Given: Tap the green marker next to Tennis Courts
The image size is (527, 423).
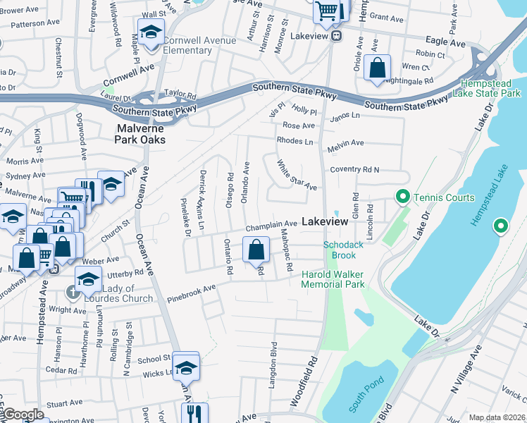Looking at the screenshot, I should pos(402,197).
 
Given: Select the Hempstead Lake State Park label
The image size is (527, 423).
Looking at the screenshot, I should pos(491,87).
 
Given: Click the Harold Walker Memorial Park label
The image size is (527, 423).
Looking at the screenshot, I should pos(333,279).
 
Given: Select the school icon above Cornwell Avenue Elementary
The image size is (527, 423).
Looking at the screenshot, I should pos(151,33).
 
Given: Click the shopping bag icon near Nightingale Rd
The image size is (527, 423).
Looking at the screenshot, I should pos(378,69).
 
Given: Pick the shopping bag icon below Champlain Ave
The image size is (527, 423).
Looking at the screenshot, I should pos(256,249).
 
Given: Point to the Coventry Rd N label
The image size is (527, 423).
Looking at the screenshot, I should pos(355,170).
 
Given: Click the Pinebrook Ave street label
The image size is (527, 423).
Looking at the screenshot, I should pos(191,294).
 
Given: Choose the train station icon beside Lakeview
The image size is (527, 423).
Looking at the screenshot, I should pos(337,35).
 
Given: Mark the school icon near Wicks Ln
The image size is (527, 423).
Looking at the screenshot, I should pos(186,368).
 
